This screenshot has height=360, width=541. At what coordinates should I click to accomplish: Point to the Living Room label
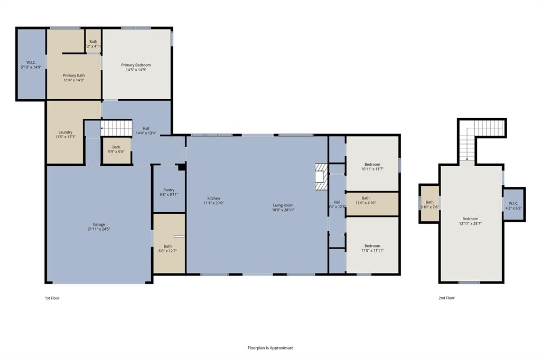(283, 205)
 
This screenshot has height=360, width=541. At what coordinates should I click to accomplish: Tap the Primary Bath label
(74, 75)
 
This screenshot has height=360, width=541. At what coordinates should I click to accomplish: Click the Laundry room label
(66, 132)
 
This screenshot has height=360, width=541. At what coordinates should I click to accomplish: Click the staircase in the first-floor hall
(116, 128)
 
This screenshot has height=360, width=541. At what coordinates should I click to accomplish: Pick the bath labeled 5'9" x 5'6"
(116, 149)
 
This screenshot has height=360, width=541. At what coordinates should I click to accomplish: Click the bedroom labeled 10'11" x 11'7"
(372, 166)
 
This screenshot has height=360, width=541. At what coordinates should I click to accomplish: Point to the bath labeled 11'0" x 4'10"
(366, 200)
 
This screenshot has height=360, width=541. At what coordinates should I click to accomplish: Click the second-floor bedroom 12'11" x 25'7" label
(470, 221)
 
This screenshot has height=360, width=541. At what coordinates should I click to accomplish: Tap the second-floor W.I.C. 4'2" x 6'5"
(514, 206)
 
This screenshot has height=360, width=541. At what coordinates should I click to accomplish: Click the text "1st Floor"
(52, 298)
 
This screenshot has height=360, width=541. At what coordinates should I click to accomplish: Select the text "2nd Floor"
(446, 298)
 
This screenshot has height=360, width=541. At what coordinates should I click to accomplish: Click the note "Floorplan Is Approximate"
(270, 348)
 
